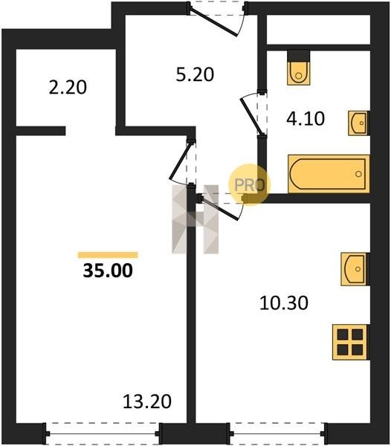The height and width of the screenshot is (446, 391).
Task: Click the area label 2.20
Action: click(68, 87)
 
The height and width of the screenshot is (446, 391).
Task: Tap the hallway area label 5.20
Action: click(195, 74)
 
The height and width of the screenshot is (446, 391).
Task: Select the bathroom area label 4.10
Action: click(306, 119)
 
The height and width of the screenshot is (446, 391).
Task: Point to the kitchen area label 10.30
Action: click(284, 303)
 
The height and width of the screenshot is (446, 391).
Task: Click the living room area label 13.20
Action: click(147, 401)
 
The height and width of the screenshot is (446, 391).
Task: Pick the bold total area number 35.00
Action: click(108, 271)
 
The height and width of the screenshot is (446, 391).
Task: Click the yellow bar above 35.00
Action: click(108, 255)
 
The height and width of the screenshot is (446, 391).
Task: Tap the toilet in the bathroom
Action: click(299, 68)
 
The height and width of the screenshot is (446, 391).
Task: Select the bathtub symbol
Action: click(329, 174)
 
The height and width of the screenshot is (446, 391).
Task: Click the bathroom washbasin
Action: click(359, 123)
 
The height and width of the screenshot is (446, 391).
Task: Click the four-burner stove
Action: click(351, 342)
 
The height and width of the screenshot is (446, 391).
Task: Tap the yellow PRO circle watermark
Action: click(249, 185)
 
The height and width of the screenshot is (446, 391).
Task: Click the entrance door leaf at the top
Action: click(213, 23)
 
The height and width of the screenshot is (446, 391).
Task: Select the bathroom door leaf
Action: click(251, 116)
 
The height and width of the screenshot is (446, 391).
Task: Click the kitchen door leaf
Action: click(219, 208)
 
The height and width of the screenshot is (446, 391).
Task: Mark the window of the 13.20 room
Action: click(103, 433)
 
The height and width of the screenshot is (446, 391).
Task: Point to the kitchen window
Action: click(277, 433)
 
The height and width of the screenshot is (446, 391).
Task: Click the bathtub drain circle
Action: click(358, 174)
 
